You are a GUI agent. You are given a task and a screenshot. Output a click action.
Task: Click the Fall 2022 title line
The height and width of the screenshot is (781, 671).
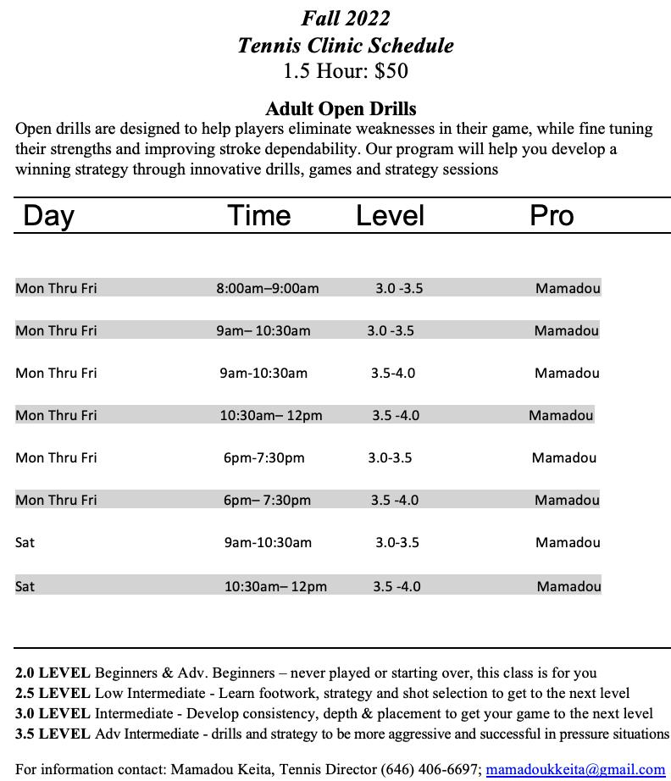(345, 18)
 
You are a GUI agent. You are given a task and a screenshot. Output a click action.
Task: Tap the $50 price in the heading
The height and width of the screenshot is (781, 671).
(391, 71)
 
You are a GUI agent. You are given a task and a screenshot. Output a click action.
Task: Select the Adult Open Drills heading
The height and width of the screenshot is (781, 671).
(341, 109)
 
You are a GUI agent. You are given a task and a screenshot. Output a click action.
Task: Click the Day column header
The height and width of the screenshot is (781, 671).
(48, 215)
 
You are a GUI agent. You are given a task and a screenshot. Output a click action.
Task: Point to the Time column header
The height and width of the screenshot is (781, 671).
(259, 215)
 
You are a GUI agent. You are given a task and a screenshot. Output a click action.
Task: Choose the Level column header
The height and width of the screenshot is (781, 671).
(390, 215)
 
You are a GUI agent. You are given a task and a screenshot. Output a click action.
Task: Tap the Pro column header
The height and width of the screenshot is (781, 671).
(552, 215)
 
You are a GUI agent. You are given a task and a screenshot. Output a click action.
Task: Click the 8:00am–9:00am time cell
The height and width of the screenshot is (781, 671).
(268, 288)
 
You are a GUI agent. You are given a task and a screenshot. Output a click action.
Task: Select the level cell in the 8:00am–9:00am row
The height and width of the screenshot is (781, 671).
(399, 288)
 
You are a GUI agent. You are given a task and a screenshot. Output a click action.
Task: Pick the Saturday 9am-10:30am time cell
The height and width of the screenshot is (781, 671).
(268, 542)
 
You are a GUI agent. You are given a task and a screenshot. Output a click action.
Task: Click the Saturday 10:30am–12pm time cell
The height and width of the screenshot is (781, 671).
(275, 586)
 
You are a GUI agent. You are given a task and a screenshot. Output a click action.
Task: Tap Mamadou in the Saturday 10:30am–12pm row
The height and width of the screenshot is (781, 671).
(568, 586)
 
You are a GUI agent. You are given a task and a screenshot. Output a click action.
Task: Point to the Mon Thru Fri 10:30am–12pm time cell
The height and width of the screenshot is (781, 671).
(271, 415)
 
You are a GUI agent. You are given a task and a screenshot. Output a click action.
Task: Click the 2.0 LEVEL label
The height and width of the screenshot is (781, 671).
(53, 673)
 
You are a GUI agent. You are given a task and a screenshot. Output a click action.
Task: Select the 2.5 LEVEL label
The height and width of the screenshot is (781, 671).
(53, 694)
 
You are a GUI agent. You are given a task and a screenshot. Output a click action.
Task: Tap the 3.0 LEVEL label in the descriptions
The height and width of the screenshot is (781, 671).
(53, 714)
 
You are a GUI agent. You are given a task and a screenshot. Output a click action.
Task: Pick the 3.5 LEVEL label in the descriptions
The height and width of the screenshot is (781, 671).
(53, 734)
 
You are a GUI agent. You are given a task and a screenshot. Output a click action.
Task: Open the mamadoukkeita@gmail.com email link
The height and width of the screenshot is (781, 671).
(575, 769)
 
